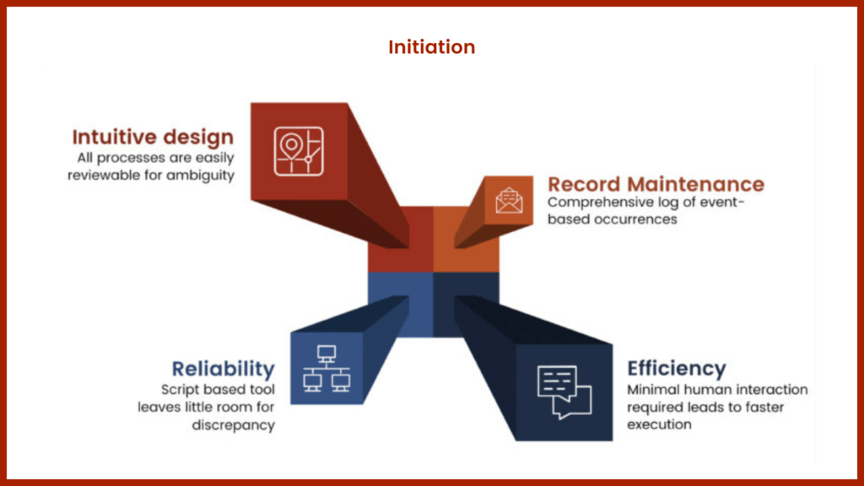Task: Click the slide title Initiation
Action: [x=431, y=47]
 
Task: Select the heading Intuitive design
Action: [x=153, y=137]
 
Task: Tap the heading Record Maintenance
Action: [x=656, y=184]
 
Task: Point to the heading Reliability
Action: [x=223, y=369]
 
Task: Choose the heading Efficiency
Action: [x=676, y=369]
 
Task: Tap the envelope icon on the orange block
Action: [x=509, y=200]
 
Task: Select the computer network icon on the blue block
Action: [x=327, y=369]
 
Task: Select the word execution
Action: [x=659, y=424]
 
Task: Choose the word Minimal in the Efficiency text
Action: [x=651, y=390]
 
